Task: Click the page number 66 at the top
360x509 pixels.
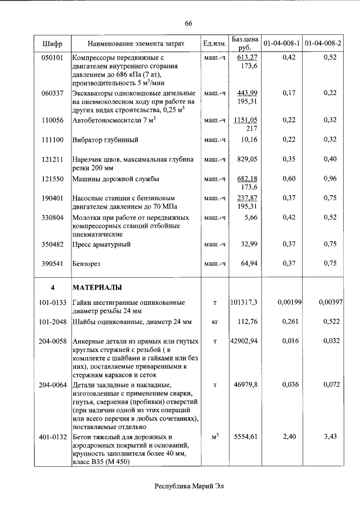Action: pos(188,23)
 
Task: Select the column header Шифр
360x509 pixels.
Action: pos(52,43)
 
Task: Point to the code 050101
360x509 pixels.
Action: pos(52,57)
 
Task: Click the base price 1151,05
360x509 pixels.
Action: pos(246,120)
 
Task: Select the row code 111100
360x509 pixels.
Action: pos(52,139)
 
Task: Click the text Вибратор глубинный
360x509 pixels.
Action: pos(105,139)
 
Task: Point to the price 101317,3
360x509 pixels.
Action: pos(244,303)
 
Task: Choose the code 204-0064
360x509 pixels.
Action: pos(52,385)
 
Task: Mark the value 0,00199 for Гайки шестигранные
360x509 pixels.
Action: pos(291,303)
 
